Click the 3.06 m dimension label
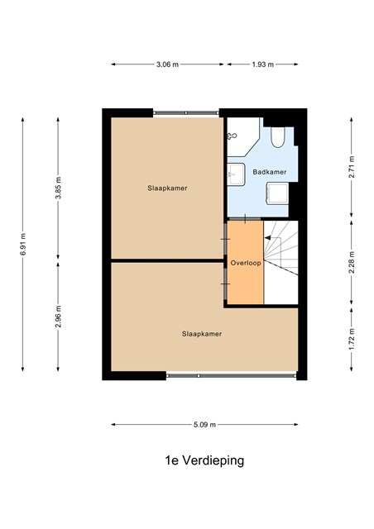coord(167,64)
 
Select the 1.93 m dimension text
coord(262,64)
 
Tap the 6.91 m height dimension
coord(22,245)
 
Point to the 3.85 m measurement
coord(58,188)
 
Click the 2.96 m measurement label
coord(58,316)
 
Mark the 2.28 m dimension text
coord(352,263)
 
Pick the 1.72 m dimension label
coord(352,339)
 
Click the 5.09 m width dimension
coord(204,425)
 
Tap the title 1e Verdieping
coord(204,461)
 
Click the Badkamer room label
coord(270,172)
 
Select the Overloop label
coord(246,263)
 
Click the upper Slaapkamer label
coord(167,188)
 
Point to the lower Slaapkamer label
coord(202,334)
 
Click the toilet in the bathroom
coord(278,137)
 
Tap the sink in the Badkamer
coord(236,174)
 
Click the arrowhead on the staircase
coord(267,238)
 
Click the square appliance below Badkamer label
coord(277,193)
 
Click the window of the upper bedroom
coord(186,112)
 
